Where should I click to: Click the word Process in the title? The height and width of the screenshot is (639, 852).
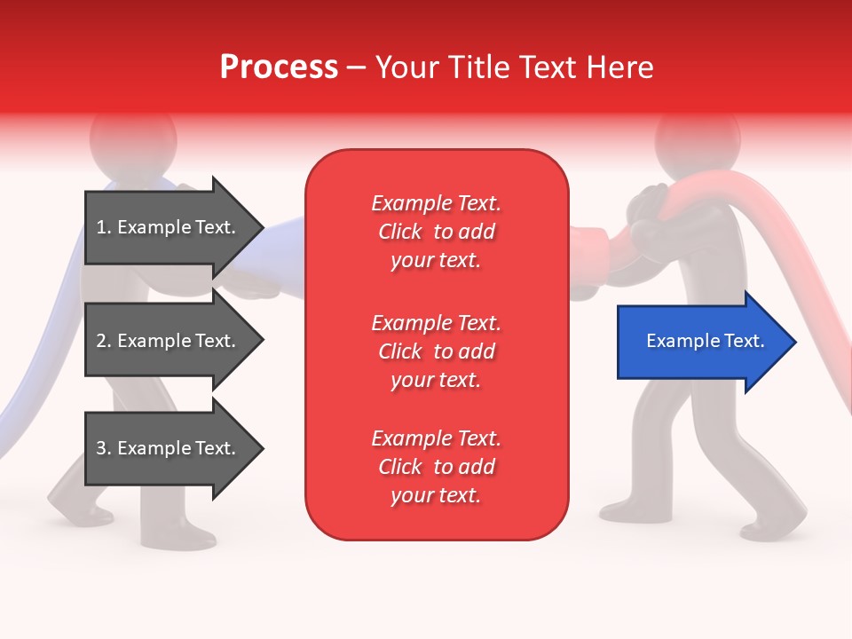pyautogui.click(x=279, y=67)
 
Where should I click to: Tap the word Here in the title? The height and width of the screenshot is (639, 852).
pyautogui.click(x=620, y=67)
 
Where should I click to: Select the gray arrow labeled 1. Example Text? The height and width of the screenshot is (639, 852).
pyautogui.click(x=169, y=227)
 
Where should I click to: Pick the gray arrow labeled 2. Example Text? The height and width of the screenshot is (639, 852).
pyautogui.click(x=169, y=341)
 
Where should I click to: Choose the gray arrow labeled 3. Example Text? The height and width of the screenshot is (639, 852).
pyautogui.click(x=169, y=448)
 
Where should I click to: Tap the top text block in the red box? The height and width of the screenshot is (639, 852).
pyautogui.click(x=436, y=232)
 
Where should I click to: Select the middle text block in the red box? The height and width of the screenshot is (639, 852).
pyautogui.click(x=436, y=351)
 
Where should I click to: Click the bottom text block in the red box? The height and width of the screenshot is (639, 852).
pyautogui.click(x=436, y=467)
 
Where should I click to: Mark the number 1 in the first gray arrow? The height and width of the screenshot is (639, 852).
pyautogui.click(x=101, y=227)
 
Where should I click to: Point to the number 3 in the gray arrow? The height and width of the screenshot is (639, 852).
pyautogui.click(x=101, y=448)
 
